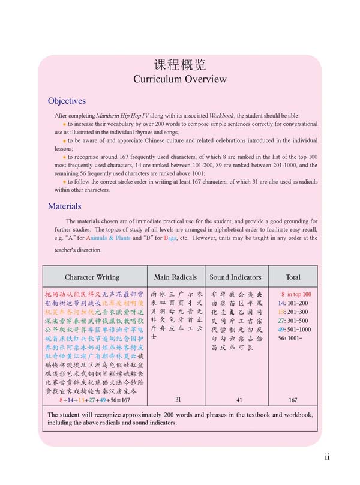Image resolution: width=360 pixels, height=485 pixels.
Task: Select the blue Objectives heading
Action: coord(67,101)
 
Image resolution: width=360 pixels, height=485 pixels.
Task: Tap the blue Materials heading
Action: coord(64,206)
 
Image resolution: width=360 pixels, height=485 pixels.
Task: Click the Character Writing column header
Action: coord(92,277)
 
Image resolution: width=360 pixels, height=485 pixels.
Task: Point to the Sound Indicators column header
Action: coord(235,277)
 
